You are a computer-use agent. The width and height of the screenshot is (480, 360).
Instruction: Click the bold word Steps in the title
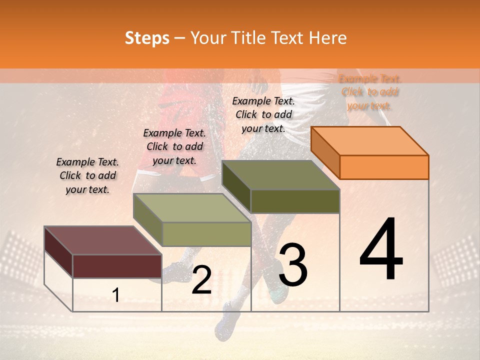coord(147,38)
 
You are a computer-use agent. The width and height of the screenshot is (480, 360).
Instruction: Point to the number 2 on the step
coord(201,280)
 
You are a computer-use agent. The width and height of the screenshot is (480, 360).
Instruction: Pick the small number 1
coord(116,295)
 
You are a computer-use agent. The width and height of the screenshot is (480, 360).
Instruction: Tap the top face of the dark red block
coord(102,240)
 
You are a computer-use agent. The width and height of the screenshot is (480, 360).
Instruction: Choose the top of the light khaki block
coord(192,208)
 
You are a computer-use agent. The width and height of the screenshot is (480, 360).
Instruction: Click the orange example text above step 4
coord(370,92)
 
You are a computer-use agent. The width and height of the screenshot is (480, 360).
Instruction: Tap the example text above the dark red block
coord(87,175)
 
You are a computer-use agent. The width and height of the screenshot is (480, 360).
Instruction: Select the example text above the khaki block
coord(174,146)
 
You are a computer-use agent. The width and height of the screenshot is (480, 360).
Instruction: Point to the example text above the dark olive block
coord(263,114)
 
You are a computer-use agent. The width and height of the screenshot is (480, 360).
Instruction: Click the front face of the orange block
coord(384,167)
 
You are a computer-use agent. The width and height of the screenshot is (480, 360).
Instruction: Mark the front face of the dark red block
coord(117,266)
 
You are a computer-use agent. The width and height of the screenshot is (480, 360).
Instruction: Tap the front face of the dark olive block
coord(295,201)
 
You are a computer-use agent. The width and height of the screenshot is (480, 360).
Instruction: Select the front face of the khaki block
coord(206,234)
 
